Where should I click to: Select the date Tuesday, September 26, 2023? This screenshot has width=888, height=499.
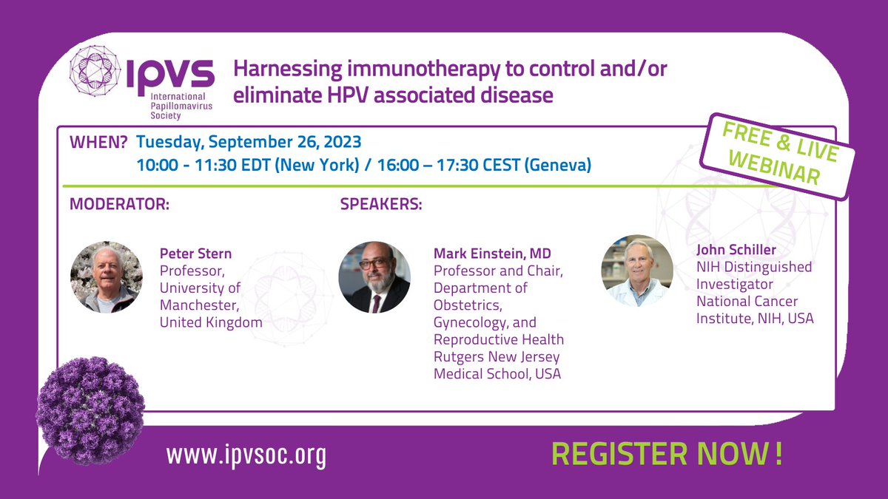click(x=249, y=141)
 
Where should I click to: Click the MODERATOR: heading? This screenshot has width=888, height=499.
click(x=119, y=204)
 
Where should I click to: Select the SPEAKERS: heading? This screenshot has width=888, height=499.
click(x=381, y=204)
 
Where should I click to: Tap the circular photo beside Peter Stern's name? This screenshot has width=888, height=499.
click(x=107, y=277)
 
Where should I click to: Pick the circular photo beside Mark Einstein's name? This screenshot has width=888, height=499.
click(x=374, y=277)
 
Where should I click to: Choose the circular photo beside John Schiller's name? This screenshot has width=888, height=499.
click(x=637, y=271)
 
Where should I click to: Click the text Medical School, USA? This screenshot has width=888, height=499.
click(x=497, y=373)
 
